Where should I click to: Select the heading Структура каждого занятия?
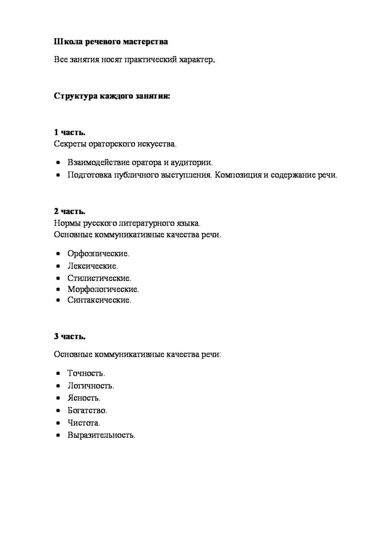[112, 96]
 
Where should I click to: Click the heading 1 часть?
[70, 133]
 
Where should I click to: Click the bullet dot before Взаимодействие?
[58, 163]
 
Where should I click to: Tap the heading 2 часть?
[70, 211]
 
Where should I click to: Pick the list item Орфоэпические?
[98, 254]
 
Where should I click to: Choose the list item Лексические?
[93, 266]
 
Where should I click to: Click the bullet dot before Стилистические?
[58, 278]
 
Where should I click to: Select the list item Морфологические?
[103, 289]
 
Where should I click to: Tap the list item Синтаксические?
[99, 300]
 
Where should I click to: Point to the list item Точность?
[86, 373]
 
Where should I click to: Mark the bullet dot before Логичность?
[58, 385]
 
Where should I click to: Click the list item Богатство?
[87, 410]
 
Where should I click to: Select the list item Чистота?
[84, 422]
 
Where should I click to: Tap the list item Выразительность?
[101, 434]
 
